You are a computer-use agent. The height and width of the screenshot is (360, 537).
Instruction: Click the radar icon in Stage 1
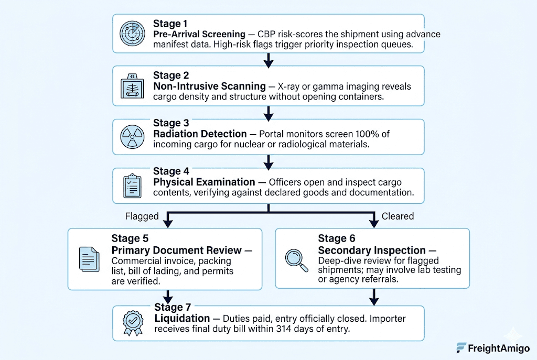pos(132,34)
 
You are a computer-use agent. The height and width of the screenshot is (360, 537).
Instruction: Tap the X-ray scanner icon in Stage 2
pos(132,86)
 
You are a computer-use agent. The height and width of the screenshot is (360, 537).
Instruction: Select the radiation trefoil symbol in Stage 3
pos(132,137)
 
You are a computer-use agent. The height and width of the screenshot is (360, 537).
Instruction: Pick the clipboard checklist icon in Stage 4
pos(132,186)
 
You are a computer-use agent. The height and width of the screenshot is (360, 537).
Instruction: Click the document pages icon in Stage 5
pos(89,259)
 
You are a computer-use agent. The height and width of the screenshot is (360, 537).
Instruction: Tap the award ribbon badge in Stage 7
pos(133,323)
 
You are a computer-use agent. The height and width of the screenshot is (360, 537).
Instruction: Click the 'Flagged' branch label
pos(142,216)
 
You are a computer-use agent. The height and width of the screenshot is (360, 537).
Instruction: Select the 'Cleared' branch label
pos(398,216)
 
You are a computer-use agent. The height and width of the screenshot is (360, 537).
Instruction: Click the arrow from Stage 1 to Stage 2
pos(268,60)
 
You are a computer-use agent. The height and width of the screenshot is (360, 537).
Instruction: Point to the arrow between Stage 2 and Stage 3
pos(268,113)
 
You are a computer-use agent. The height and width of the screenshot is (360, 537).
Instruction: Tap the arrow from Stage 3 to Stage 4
pos(268,162)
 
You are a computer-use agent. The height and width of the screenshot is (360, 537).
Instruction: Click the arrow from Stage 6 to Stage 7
pos(374,297)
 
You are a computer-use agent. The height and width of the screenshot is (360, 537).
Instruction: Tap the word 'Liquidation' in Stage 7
pos(182,318)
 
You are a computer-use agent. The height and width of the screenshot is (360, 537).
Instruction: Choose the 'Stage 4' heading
pos(171,171)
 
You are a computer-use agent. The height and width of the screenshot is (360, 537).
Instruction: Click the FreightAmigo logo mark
pos(461,347)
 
